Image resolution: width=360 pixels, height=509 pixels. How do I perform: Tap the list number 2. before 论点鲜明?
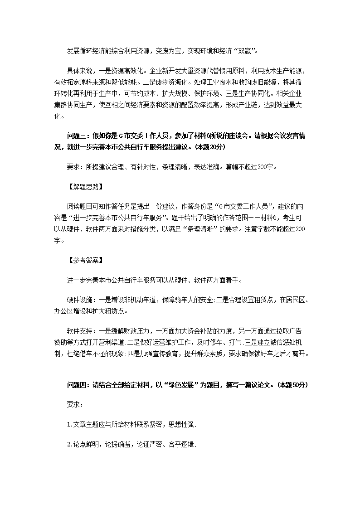[69, 445]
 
